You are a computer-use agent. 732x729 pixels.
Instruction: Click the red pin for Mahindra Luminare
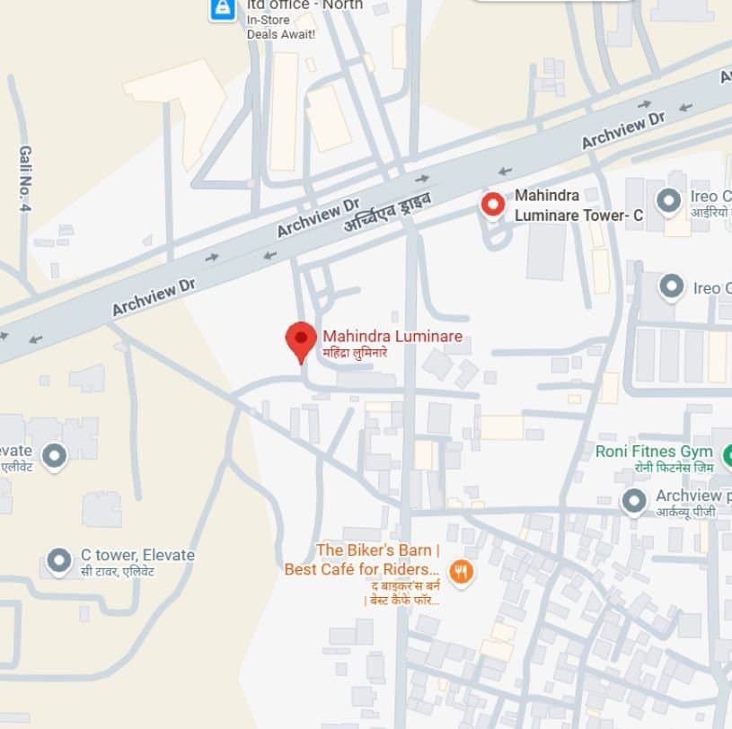point(301,340)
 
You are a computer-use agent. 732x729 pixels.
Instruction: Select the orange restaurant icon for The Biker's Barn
point(461,571)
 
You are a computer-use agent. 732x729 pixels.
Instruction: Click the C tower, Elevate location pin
point(59,561)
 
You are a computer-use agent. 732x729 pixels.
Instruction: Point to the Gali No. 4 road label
point(25,179)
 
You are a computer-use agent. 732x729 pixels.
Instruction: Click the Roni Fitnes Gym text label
point(654,451)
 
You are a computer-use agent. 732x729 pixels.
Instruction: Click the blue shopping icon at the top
point(221,8)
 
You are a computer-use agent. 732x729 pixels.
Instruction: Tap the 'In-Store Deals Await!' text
point(281,27)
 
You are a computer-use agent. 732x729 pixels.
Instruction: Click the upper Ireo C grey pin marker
point(667,200)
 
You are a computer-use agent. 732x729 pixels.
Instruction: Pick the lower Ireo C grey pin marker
point(671,287)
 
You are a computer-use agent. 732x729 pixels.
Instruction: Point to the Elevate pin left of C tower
point(55,456)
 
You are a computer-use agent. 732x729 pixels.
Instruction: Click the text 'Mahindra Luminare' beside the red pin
point(392,337)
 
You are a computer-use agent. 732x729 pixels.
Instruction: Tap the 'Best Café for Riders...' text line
point(362,569)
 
